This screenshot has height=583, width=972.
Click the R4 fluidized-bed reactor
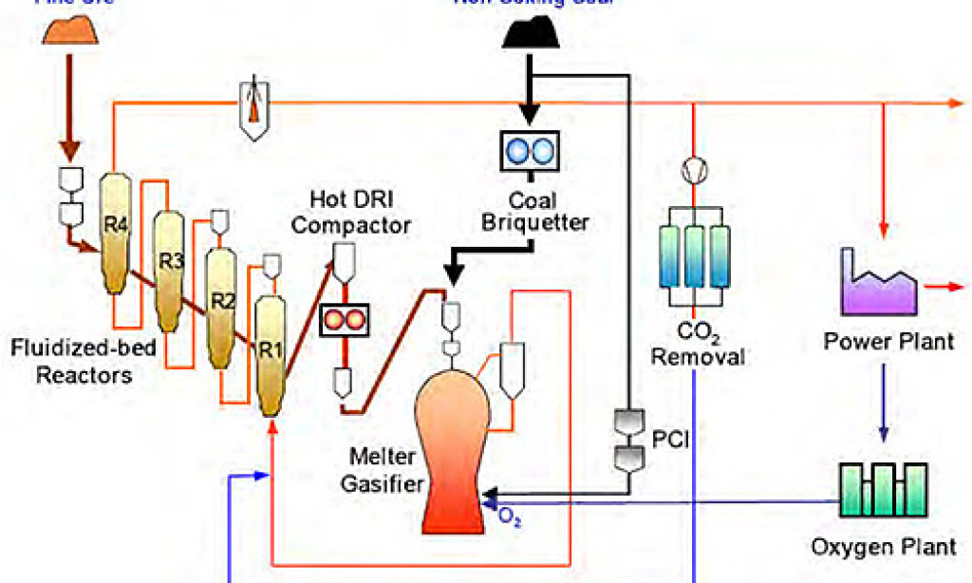[x=114, y=233]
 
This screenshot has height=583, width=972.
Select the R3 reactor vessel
[x=169, y=271]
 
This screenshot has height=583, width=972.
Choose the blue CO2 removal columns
[x=696, y=256]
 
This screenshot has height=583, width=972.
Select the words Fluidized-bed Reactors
[x=72, y=361]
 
